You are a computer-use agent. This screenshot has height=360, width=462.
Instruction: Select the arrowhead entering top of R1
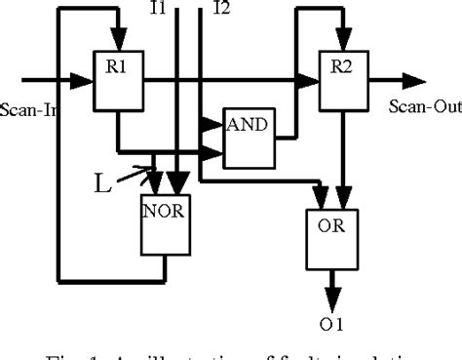[x=117, y=41]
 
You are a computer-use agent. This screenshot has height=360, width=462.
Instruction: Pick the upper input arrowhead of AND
[x=216, y=123]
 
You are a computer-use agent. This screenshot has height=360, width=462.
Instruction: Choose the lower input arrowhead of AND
[x=216, y=151]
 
